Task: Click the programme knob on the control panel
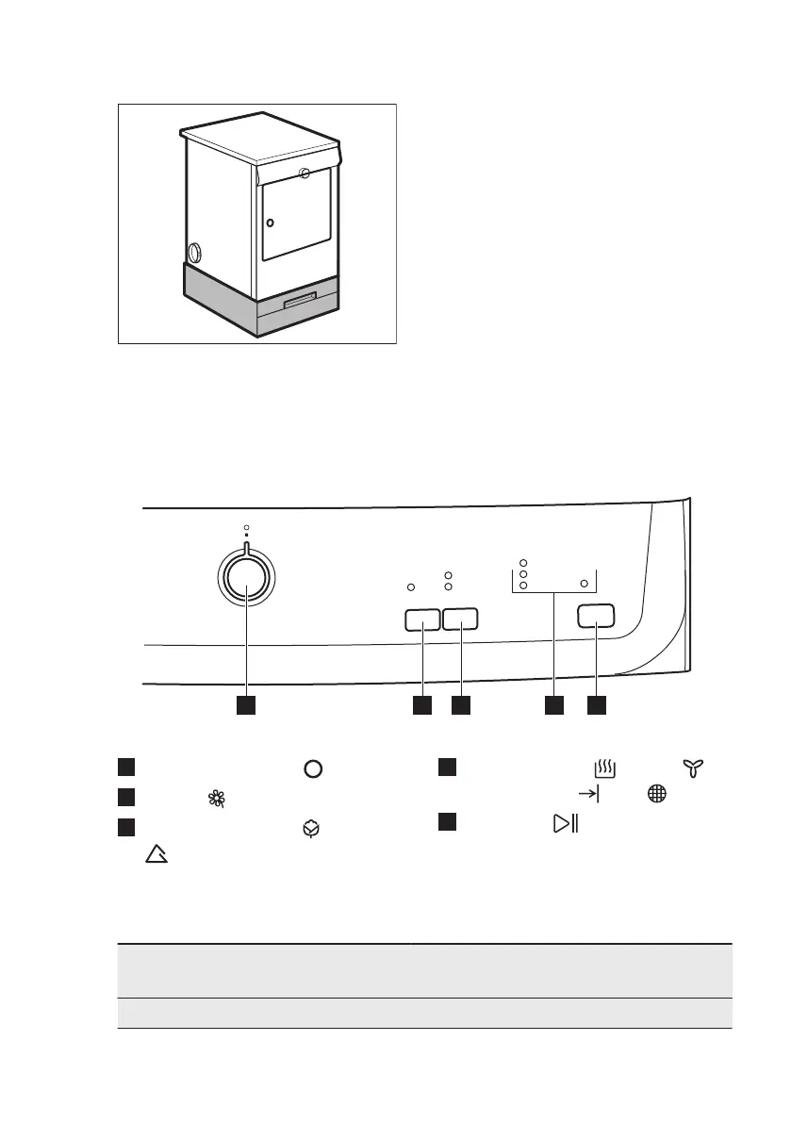[247, 590]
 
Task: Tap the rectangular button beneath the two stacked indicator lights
[460, 619]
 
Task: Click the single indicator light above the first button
[411, 586]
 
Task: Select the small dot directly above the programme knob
[247, 527]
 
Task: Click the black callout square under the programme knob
[246, 704]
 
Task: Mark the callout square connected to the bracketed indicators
[553, 704]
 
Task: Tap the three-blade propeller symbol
[696, 771]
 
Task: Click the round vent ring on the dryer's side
[195, 253]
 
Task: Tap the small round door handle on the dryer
[270, 223]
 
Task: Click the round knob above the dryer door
[304, 173]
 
